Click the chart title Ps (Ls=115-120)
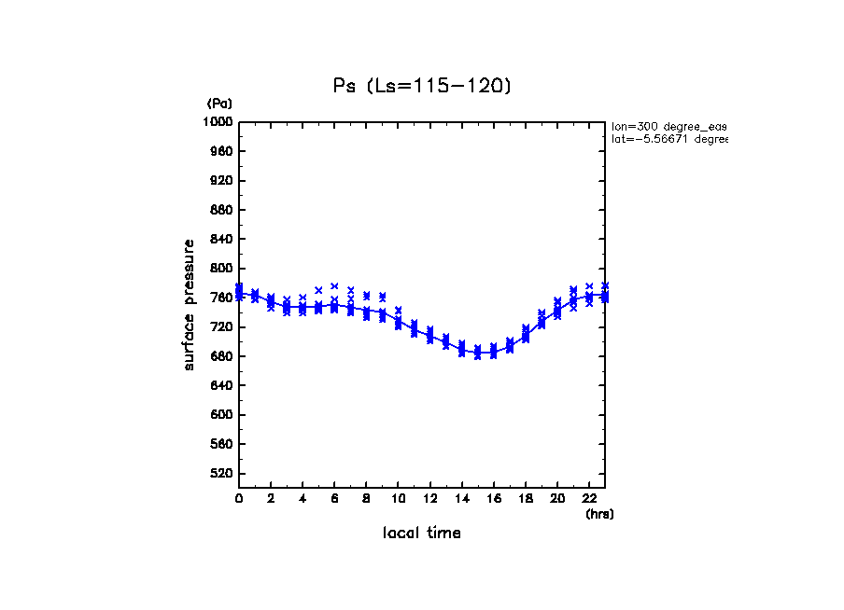422,86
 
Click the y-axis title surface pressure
190,304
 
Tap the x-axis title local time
421,534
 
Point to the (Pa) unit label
219,104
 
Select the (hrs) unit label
599,514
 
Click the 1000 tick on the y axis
219,122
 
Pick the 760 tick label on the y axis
222,298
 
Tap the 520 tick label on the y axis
222,474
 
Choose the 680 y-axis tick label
222,356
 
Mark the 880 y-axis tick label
222,210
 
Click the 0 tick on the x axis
239,499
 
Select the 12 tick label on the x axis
429,499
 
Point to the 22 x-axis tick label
588,499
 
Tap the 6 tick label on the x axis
334,499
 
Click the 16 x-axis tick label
493,499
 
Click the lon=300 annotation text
668,125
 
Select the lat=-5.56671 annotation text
668,139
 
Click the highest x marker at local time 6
334,286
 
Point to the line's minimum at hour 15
477,354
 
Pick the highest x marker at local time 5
318,290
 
